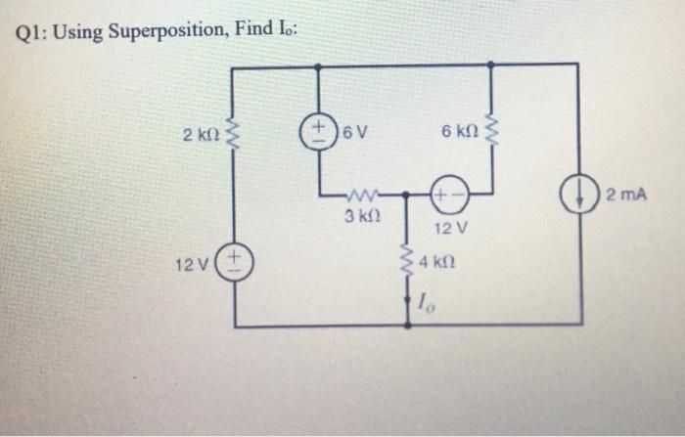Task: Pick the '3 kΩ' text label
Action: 361,215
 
